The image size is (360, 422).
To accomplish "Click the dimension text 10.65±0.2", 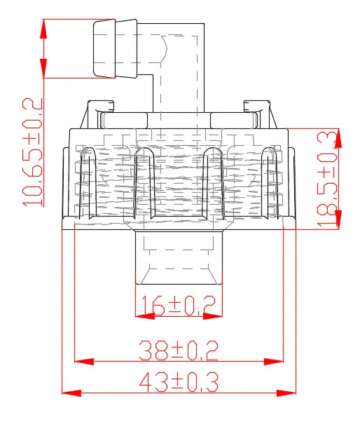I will click(x=33, y=152).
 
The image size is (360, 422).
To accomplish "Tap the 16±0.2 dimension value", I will click(x=178, y=306).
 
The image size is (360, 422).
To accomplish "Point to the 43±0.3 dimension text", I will click(x=178, y=382).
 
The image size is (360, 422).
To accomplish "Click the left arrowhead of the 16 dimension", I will click(x=144, y=316).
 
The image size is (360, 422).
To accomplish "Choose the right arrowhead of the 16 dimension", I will click(x=214, y=316).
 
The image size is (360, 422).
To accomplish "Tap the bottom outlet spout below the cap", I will click(x=179, y=259).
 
